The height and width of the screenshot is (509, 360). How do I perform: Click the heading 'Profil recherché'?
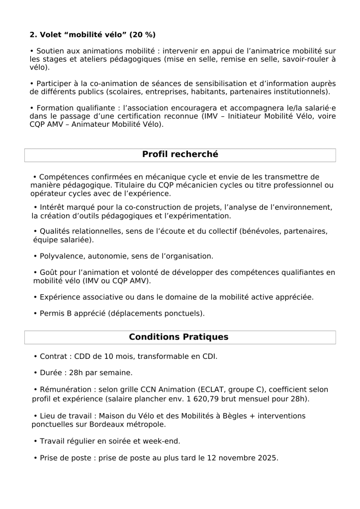pos(180,155)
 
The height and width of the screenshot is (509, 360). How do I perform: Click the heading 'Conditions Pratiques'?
pos(179,337)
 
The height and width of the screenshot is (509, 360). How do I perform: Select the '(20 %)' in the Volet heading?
pos(142,34)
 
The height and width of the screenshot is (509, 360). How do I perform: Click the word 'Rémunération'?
pos(64,390)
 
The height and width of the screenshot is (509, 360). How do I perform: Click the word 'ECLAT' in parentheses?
pos(214,390)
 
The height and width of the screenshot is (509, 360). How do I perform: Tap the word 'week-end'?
pos(164,441)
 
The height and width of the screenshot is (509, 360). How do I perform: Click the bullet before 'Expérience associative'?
pos(35,297)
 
